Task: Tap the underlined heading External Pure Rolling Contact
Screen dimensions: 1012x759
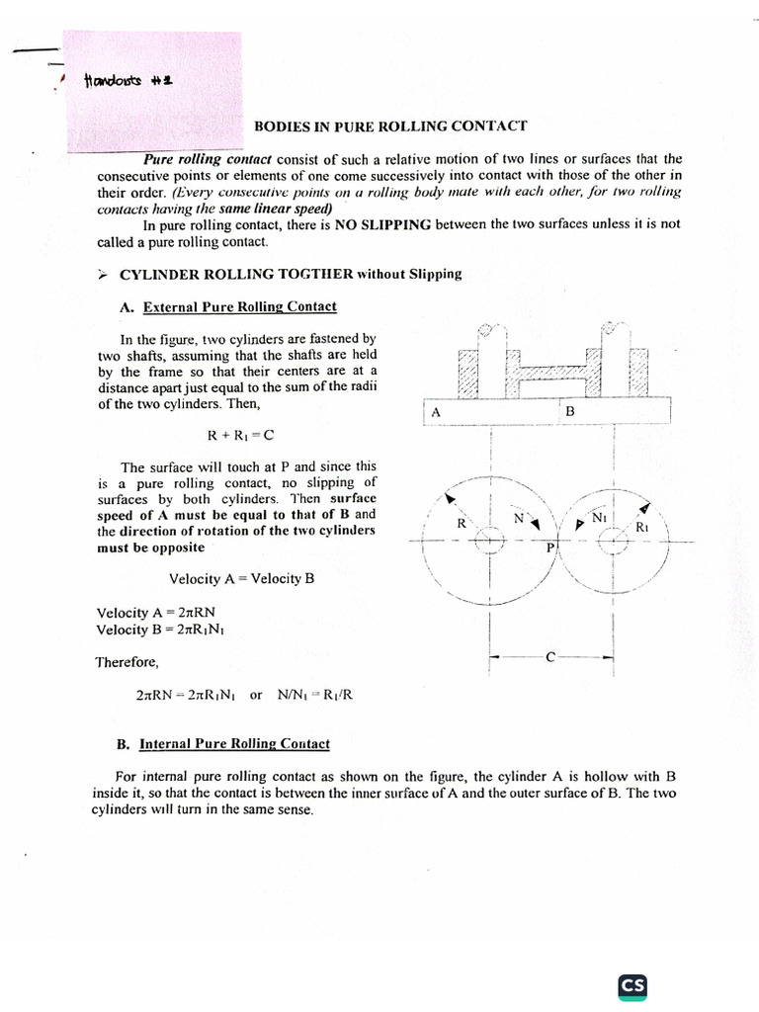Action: [x=239, y=307]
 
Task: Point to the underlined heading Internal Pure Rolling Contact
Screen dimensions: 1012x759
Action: [x=234, y=743]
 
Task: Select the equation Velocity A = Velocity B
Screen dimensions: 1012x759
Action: [x=241, y=578]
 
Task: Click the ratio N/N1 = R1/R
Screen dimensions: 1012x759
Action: [x=315, y=695]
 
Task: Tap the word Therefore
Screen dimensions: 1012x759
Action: [x=126, y=662]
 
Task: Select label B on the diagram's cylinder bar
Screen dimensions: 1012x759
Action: [x=569, y=410]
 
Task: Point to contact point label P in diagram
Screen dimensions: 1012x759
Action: [x=550, y=547]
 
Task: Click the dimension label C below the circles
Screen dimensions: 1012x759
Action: [x=550, y=656]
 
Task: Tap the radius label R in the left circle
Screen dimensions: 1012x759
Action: [x=461, y=524]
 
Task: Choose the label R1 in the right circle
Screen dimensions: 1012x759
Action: [x=641, y=527]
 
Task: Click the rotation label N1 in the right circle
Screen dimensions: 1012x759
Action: [x=599, y=517]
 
